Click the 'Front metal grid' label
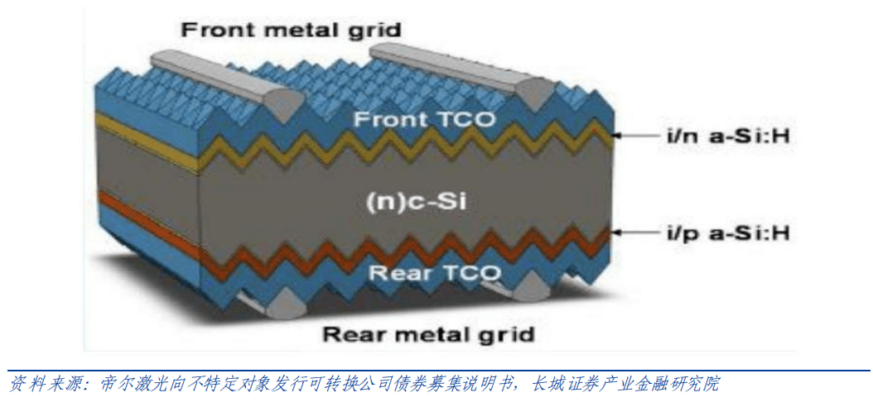[291, 31]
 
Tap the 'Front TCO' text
[424, 120]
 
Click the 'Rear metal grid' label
[427, 334]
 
